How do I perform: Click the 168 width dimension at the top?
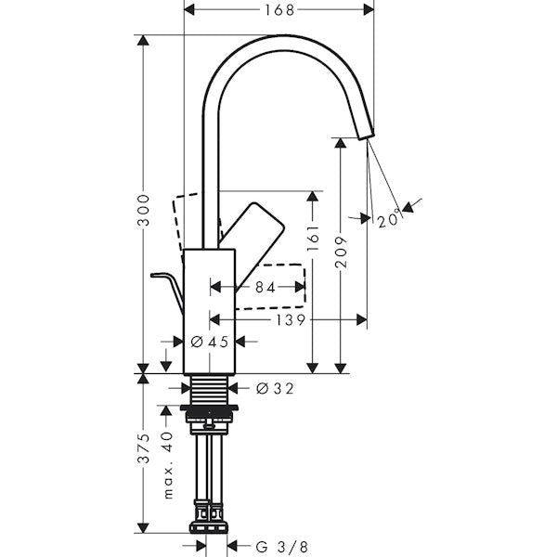click(279, 10)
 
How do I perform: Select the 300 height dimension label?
click(144, 210)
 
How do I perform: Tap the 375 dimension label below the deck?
click(144, 448)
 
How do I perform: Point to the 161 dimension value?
click(313, 238)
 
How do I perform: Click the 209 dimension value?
click(342, 252)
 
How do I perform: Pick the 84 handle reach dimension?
click(266, 288)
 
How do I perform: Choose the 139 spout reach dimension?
click(291, 320)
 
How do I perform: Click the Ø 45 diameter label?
click(210, 342)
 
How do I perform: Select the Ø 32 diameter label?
click(275, 388)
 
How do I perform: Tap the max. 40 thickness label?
click(168, 465)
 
